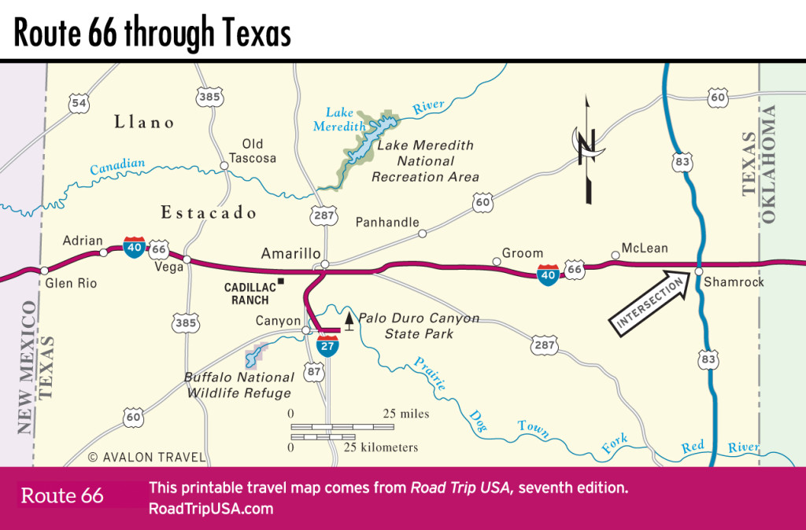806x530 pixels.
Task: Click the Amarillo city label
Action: coord(290,253)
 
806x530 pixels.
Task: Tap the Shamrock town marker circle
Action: coord(698,271)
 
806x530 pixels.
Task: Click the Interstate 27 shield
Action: coord(328,345)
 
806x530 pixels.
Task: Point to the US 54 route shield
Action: coord(78,104)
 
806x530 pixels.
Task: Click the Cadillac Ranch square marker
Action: coord(279,282)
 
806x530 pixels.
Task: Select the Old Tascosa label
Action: coord(252,151)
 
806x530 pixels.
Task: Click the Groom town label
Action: coord(523,253)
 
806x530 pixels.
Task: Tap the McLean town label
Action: coord(645,248)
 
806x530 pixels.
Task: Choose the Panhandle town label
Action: coord(387,223)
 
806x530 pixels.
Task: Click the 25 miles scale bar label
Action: coord(406,414)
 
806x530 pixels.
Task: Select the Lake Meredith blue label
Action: coord(346,119)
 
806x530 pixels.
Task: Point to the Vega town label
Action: coord(170,267)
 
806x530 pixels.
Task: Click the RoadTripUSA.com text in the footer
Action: coord(210,508)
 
